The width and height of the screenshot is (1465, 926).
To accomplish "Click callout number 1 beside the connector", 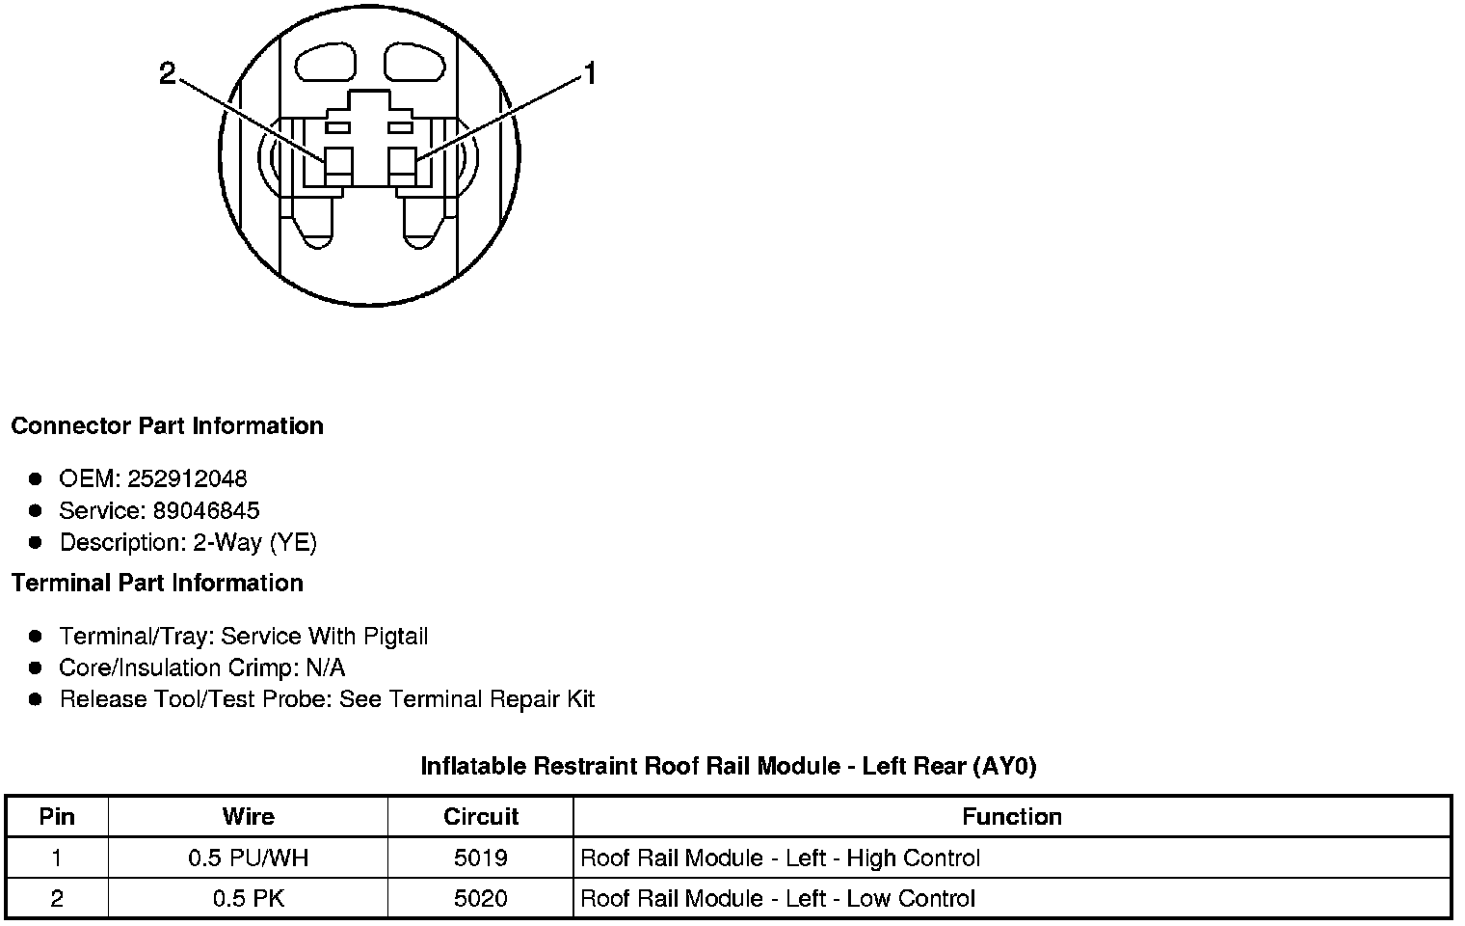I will [x=590, y=73].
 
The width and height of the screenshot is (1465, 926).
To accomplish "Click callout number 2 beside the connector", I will [x=168, y=73].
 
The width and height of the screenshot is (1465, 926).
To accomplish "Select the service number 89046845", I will [x=206, y=510].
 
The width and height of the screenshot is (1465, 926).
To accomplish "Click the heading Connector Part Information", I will [x=167, y=426].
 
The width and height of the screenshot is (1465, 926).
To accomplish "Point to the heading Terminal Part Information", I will [x=157, y=584].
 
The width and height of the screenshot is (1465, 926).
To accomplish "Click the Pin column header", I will [x=57, y=817].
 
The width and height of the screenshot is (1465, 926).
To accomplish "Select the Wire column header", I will [x=248, y=817].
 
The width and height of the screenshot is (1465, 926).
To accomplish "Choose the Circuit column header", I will [x=481, y=817].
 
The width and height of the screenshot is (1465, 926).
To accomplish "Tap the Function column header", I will [x=1012, y=817].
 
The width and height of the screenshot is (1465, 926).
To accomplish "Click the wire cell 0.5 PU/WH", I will [x=248, y=858].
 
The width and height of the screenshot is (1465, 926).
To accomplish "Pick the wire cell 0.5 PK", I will [x=248, y=899].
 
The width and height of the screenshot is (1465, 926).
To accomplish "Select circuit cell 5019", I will [x=481, y=858].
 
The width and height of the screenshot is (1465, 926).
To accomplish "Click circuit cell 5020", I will [x=481, y=899].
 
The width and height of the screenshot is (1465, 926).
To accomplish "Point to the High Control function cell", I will [x=780, y=858].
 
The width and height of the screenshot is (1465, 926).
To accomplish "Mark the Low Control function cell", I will [x=778, y=899].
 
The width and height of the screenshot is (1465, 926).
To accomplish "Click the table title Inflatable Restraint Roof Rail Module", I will [x=728, y=767].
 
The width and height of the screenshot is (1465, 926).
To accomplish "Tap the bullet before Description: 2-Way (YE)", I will [x=36, y=542].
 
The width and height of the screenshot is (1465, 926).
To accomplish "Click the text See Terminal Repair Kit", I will [x=467, y=699].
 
